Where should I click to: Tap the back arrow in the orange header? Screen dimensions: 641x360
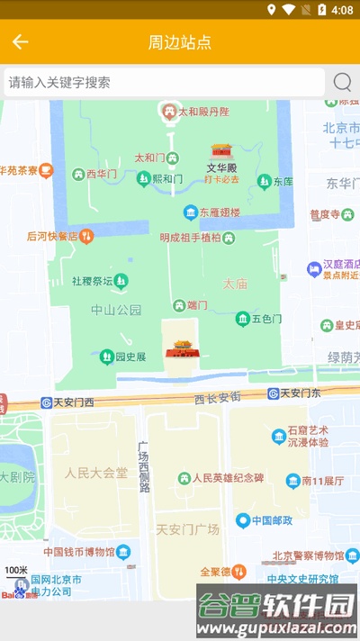(x=21, y=42)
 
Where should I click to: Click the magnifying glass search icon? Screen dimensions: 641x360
(x=342, y=82)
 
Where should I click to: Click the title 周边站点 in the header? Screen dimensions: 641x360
(x=180, y=42)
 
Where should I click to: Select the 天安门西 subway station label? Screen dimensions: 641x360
(x=72, y=402)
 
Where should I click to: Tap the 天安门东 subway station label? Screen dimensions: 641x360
(x=301, y=393)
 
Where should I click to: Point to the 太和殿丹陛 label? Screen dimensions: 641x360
(x=202, y=112)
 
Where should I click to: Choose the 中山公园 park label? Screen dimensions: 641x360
(x=116, y=310)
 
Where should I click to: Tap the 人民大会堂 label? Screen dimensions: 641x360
(x=95, y=472)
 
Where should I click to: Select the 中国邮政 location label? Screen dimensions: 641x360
(x=274, y=520)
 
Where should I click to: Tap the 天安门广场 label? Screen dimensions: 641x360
(x=187, y=529)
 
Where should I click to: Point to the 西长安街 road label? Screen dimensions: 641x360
(x=217, y=396)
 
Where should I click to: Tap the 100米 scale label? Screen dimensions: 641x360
(x=16, y=570)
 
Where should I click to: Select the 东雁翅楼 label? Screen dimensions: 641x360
(x=220, y=212)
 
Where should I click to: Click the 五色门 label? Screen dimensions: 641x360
(x=266, y=319)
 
